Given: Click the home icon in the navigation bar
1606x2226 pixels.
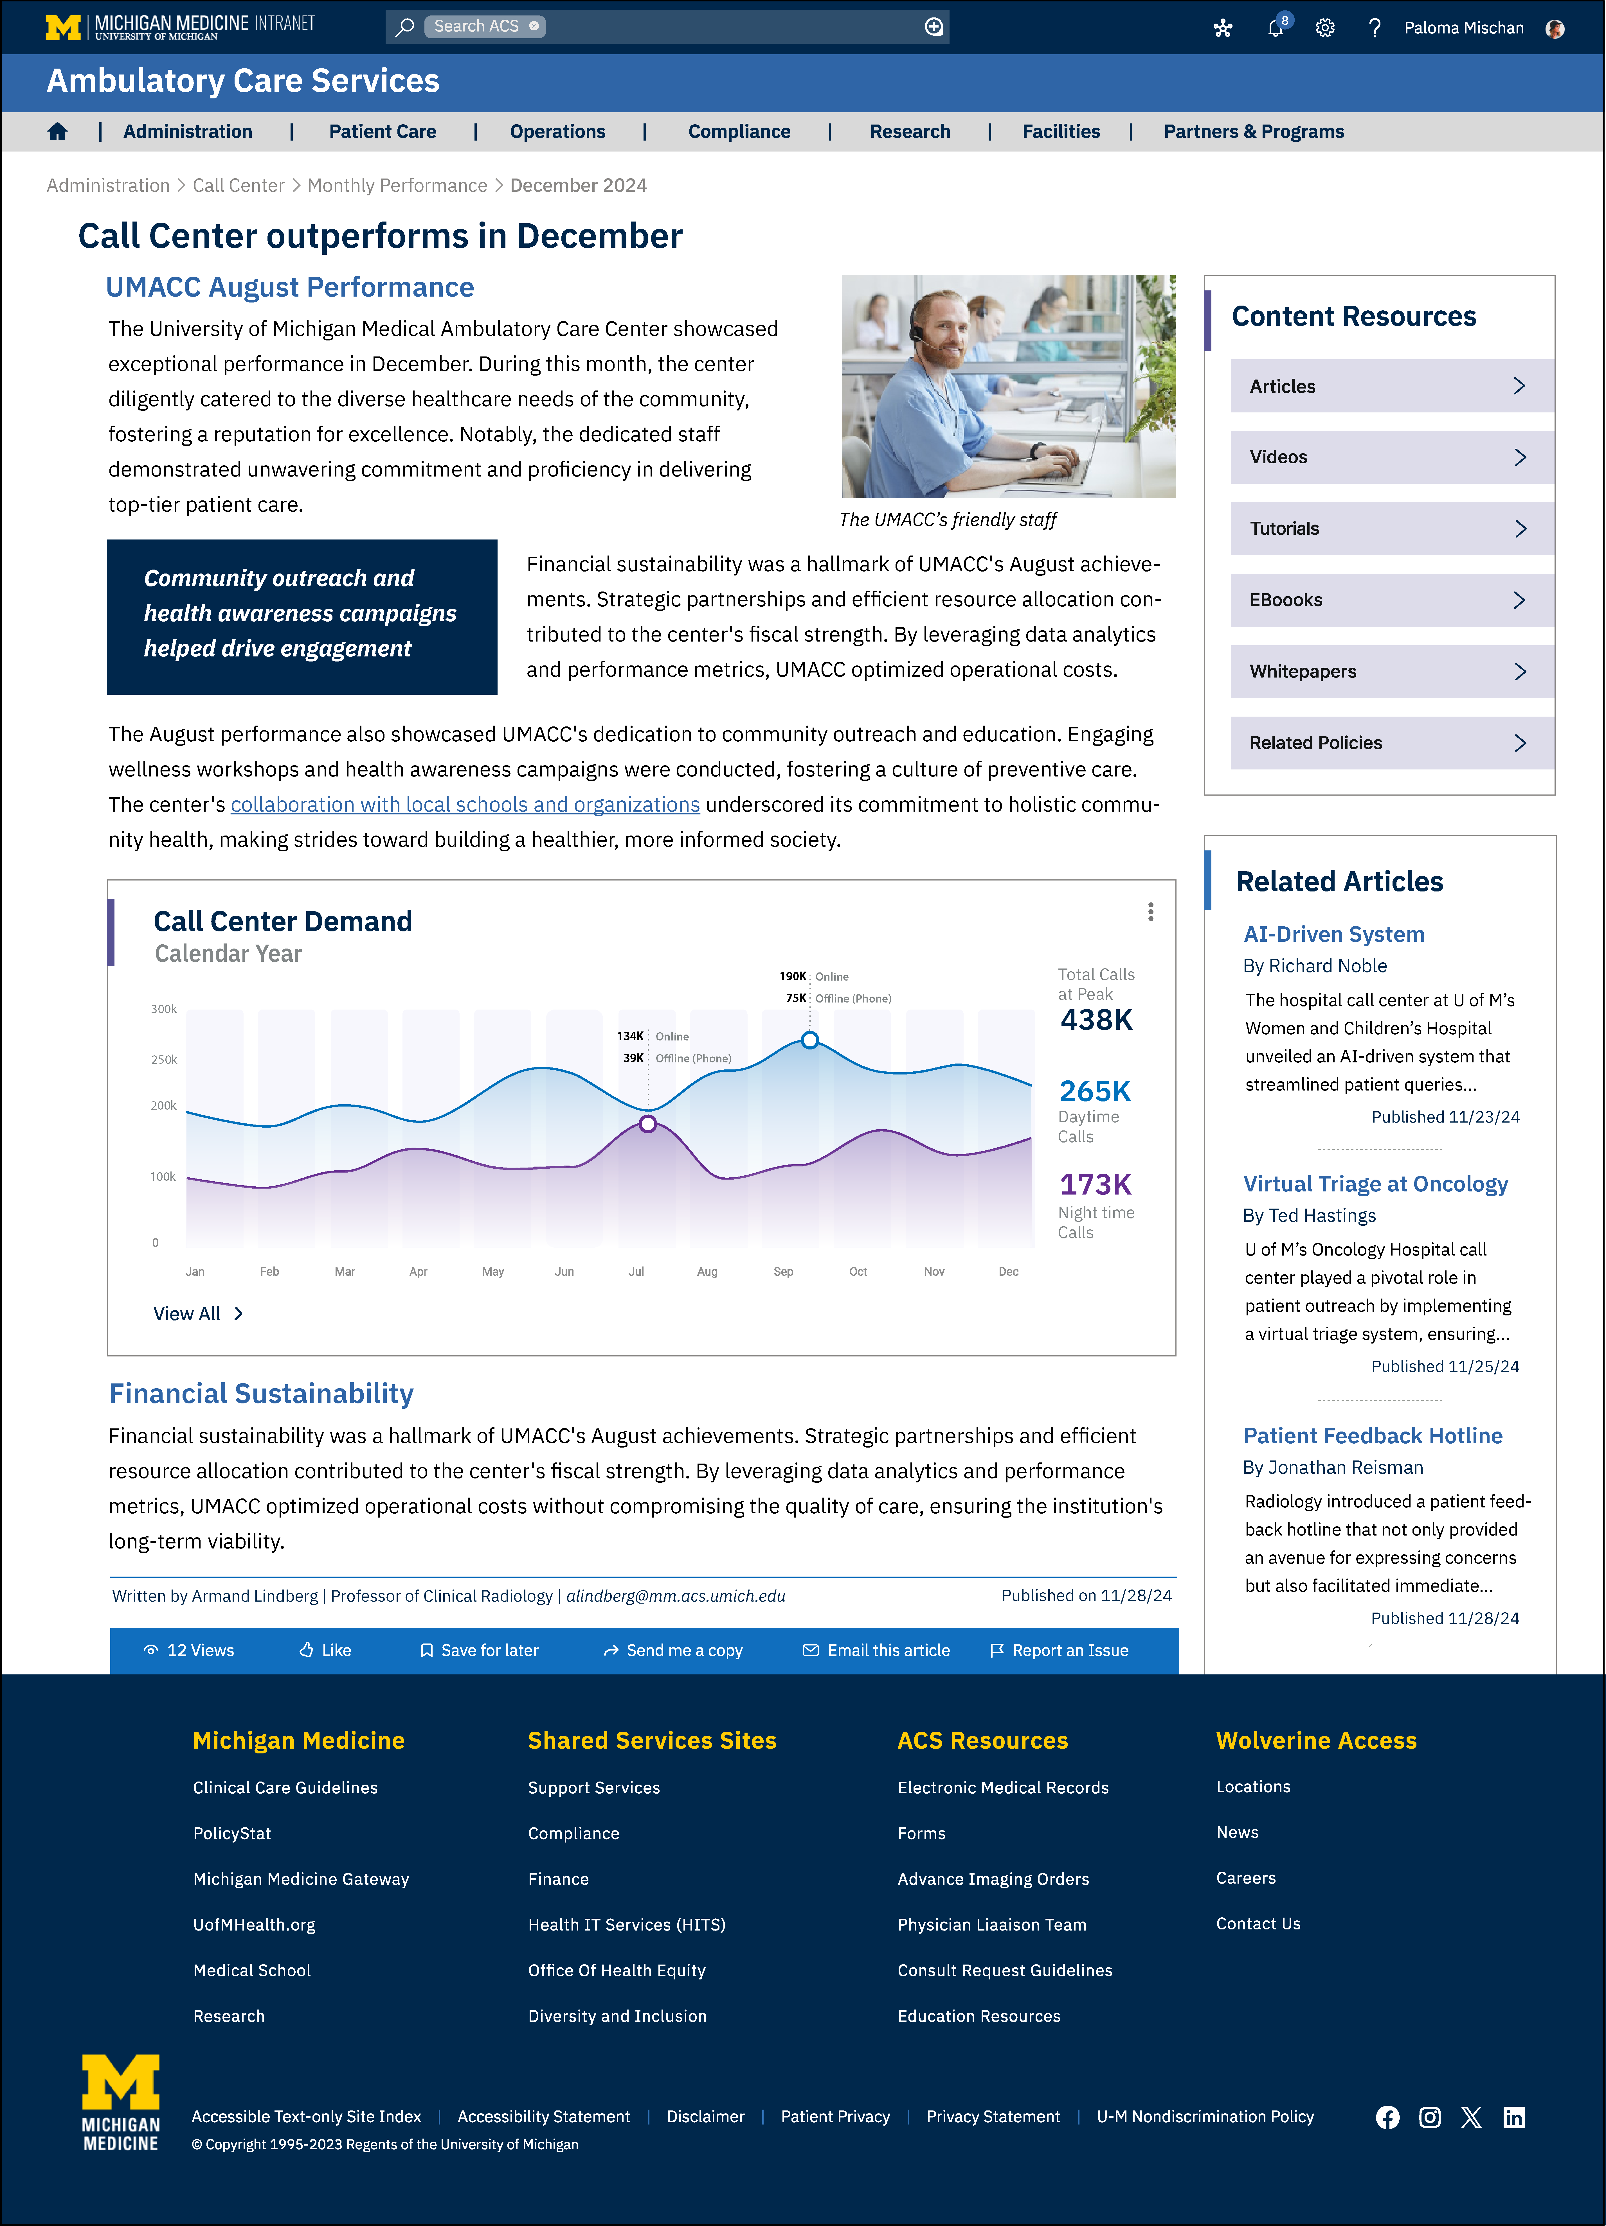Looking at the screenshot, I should [57, 132].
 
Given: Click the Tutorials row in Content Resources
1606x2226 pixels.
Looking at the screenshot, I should [1391, 528].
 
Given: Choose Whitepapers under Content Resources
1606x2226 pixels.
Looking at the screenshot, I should [1391, 671].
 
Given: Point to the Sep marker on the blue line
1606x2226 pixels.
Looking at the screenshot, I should [810, 1039].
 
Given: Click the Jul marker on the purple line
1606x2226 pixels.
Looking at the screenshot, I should [648, 1124].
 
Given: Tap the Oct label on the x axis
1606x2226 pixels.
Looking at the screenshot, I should [858, 1271].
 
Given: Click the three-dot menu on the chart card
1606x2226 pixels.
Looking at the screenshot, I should [1151, 912].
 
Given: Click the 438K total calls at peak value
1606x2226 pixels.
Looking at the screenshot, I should [1097, 1020].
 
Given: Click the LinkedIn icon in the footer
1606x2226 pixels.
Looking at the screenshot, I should [1514, 2117].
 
